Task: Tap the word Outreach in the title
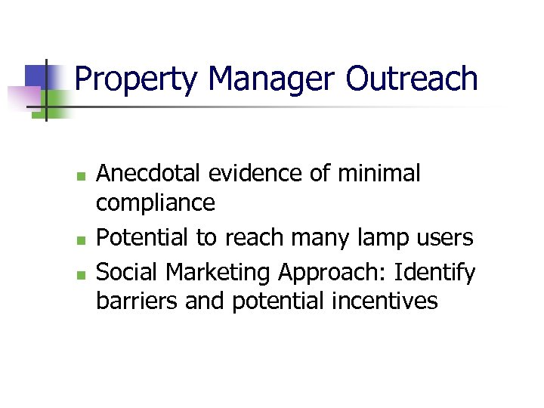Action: point(413,79)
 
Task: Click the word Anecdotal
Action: point(151,174)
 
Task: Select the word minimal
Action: point(379,174)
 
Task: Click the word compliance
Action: point(156,202)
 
